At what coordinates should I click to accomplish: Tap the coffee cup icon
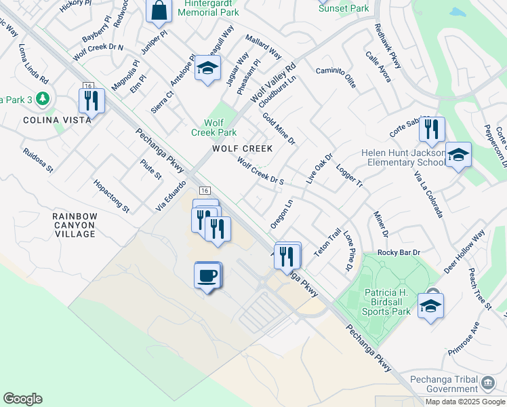[208, 275]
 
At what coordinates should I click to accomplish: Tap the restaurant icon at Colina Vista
[90, 101]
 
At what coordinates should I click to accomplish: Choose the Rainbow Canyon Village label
[75, 225]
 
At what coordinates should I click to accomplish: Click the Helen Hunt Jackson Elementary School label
[403, 157]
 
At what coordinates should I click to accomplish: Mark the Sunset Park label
[344, 8]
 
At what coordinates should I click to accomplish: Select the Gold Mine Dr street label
[279, 129]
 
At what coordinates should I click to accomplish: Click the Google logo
[22, 399]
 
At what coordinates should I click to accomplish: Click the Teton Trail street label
[327, 241]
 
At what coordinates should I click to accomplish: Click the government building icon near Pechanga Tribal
[487, 384]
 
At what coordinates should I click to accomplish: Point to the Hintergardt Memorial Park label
[202, 7]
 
